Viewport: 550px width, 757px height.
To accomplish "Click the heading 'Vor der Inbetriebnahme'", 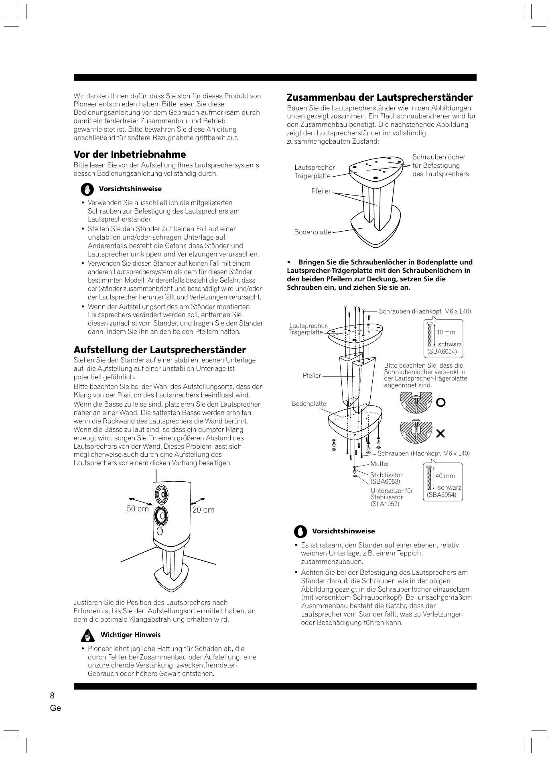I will point(130,155).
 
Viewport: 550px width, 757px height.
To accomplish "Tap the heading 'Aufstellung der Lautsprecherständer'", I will point(160,350).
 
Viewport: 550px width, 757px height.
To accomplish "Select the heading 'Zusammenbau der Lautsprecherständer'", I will point(380,98).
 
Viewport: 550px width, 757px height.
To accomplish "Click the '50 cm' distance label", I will point(138,509).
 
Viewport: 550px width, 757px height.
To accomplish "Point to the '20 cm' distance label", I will point(203,510).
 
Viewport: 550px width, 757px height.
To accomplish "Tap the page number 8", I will point(52,696).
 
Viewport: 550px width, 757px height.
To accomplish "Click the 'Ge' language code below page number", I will point(56,708).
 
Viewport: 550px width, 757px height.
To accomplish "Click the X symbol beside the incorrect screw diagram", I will point(440,433).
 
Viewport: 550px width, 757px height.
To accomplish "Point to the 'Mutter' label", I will point(380,464).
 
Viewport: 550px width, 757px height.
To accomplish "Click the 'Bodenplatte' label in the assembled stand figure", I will point(313,232).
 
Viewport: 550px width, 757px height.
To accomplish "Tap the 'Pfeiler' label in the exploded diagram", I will point(312,376).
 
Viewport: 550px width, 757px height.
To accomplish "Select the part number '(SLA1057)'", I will point(385,504).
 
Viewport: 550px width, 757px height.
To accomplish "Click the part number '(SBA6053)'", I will point(385,481).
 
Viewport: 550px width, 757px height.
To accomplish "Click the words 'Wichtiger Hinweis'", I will point(130,635).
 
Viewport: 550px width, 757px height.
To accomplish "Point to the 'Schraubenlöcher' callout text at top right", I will point(439,157).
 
